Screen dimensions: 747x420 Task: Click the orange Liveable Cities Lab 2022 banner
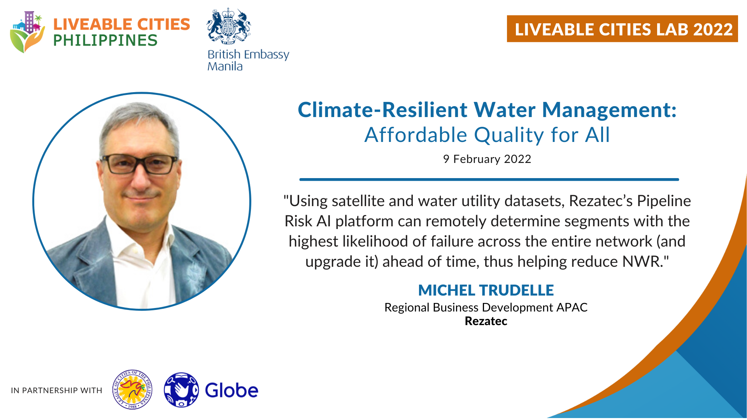point(622,29)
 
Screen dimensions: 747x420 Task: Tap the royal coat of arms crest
point(228,26)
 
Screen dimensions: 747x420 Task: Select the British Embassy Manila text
point(248,60)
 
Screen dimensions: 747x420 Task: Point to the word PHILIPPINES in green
point(105,40)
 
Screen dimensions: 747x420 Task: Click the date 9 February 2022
point(487,159)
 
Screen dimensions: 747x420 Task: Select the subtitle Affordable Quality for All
point(487,135)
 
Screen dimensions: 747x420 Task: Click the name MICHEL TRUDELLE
point(486,290)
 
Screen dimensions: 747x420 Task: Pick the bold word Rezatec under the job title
point(486,321)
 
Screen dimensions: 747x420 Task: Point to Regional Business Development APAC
point(486,307)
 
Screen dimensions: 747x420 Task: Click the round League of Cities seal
point(132,390)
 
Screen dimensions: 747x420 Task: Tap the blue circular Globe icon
point(181,390)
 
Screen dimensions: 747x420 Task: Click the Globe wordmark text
point(231,390)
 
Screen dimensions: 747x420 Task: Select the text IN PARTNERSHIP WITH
point(56,390)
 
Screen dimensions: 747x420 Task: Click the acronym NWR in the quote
point(642,262)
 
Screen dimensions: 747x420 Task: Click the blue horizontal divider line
point(489,180)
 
